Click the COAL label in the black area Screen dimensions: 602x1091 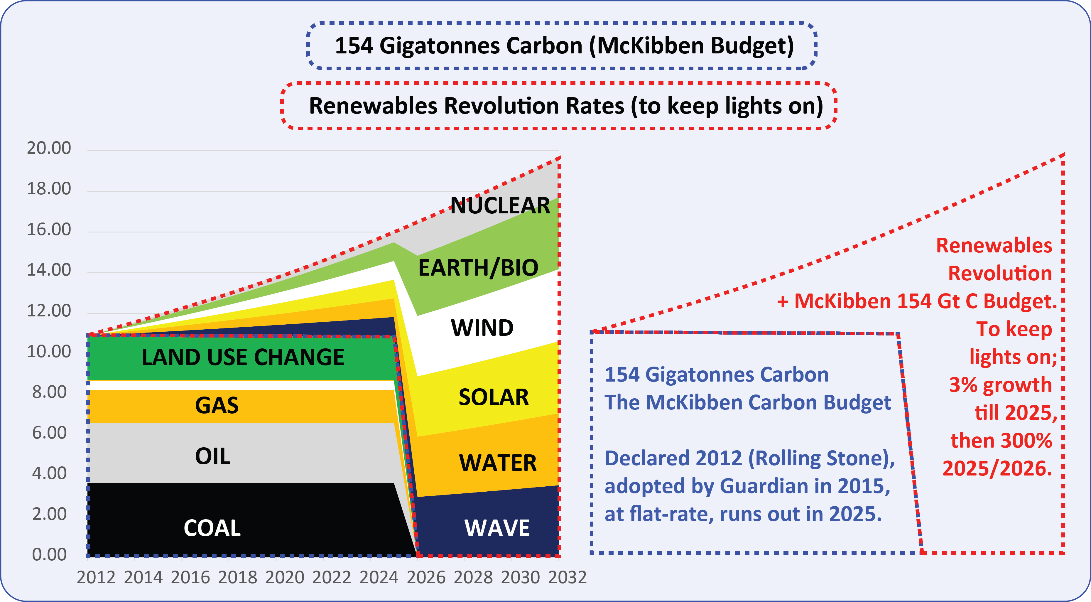pyautogui.click(x=212, y=528)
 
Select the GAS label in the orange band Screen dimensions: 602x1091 pyautogui.click(x=217, y=405)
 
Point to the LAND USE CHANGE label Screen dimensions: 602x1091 pyautogui.click(x=243, y=357)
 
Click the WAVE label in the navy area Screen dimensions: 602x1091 pyautogui.click(x=497, y=528)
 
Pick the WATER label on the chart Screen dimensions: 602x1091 pyautogui.click(x=498, y=463)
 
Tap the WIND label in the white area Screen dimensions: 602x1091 pyautogui.click(x=482, y=328)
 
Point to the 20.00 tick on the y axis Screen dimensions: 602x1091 pyautogui.click(x=49, y=148)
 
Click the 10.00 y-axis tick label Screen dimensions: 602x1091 pyautogui.click(x=49, y=352)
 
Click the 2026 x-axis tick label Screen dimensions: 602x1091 pyautogui.click(x=426, y=577)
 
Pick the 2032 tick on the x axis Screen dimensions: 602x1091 pyautogui.click(x=567, y=577)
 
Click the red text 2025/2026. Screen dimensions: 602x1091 pyautogui.click(x=997, y=468)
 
